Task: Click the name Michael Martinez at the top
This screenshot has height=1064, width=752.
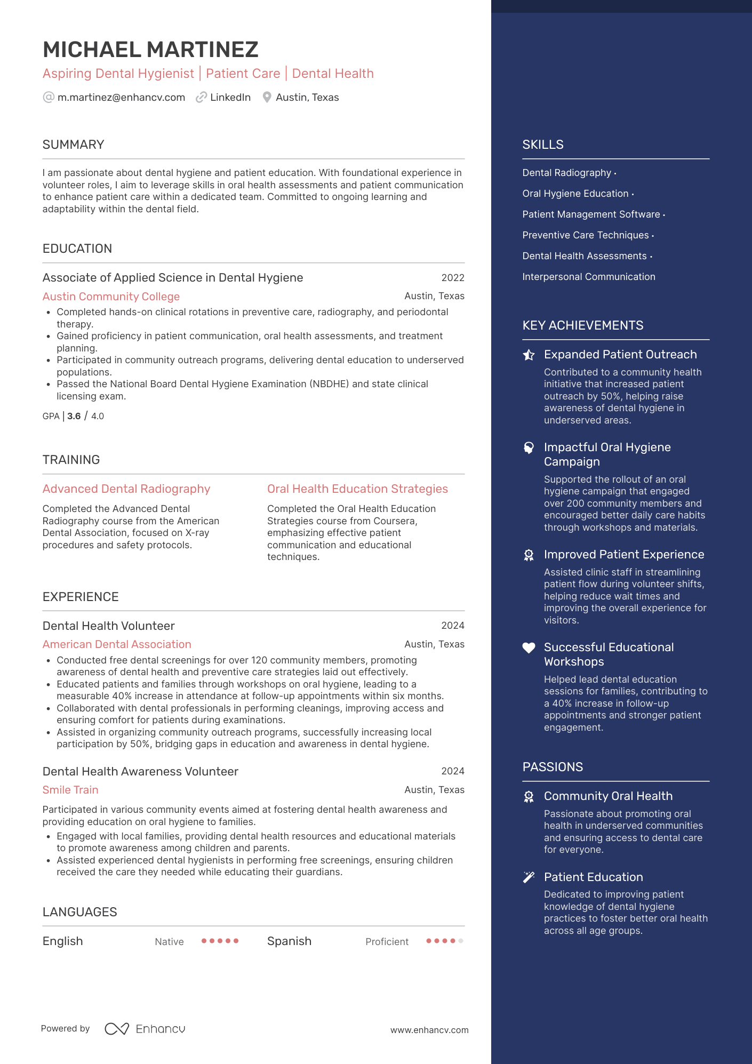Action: click(150, 50)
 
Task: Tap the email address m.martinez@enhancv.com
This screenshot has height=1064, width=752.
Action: click(121, 98)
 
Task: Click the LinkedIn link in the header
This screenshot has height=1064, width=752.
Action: click(230, 98)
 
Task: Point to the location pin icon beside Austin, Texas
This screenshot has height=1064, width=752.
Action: click(267, 98)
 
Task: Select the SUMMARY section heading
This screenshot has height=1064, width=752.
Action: click(73, 145)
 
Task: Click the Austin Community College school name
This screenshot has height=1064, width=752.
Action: click(111, 297)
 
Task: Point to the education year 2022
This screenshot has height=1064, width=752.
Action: click(453, 278)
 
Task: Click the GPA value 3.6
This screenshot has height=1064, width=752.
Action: click(74, 416)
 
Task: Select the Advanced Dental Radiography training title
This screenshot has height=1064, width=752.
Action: click(126, 489)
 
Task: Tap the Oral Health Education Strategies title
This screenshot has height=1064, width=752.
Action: click(357, 489)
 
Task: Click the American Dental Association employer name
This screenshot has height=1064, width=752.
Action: click(117, 644)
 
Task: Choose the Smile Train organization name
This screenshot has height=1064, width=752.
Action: click(70, 790)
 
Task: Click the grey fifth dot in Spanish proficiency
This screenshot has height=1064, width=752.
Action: click(461, 941)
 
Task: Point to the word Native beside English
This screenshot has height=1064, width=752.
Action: click(169, 942)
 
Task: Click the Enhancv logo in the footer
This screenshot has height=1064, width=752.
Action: click(145, 1029)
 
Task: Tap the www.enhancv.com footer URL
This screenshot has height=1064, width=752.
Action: click(429, 1030)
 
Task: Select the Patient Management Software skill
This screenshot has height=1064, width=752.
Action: click(591, 214)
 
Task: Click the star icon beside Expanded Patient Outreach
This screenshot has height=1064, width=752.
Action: click(529, 355)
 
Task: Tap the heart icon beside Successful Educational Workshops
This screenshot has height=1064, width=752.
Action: click(529, 648)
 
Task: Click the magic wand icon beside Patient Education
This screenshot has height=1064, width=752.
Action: click(529, 877)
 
